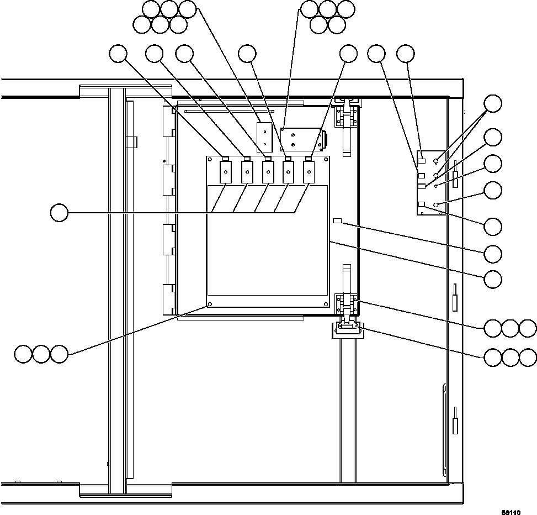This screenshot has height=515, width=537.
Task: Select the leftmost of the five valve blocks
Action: (226, 172)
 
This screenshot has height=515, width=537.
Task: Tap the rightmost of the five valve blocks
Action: (309, 172)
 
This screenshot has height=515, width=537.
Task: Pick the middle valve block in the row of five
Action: (267, 172)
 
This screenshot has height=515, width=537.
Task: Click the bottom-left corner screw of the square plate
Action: (210, 304)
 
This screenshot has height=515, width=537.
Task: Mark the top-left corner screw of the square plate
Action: (210, 160)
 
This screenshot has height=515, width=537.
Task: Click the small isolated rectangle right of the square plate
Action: (338, 222)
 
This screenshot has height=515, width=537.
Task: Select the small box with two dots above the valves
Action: (265, 136)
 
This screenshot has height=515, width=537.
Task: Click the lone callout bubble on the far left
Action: (59, 213)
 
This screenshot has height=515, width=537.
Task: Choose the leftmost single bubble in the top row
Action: (118, 54)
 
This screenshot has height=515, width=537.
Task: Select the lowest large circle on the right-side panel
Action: (437, 205)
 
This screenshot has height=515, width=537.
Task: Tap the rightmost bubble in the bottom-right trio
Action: (529, 358)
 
